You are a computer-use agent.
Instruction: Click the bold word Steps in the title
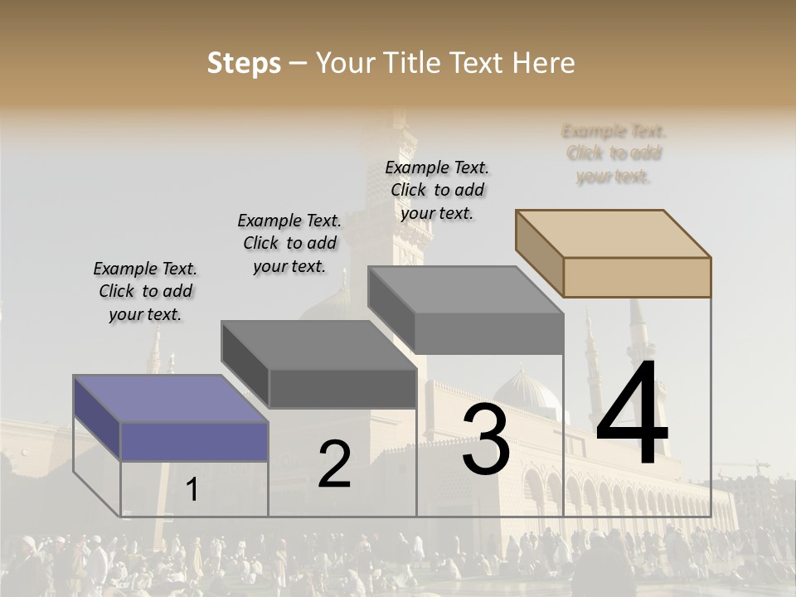[244, 63]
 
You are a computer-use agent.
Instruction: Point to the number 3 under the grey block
[486, 440]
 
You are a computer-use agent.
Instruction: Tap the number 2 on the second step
[334, 464]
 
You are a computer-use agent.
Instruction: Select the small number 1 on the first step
[192, 490]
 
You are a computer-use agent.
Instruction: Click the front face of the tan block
[637, 277]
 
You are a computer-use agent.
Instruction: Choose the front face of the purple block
[195, 441]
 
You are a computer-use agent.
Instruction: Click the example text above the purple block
[145, 292]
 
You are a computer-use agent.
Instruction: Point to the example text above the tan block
[614, 153]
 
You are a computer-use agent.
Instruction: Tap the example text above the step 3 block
[437, 190]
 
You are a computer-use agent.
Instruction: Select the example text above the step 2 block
[289, 243]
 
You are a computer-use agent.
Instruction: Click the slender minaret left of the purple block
[154, 352]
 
